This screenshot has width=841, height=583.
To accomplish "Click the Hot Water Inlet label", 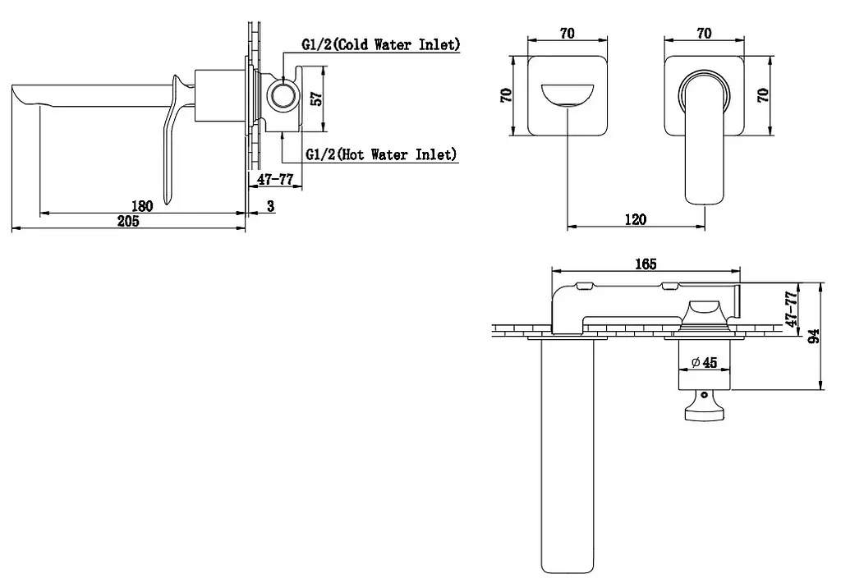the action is point(381,154).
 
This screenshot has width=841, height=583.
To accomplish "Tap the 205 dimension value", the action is point(128,220).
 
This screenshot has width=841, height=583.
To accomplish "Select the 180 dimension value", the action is point(142,205).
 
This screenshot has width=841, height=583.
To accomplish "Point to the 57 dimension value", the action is point(316,99).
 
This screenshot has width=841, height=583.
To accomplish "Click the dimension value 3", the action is point(270,205).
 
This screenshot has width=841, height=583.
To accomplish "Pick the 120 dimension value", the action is point(636,218).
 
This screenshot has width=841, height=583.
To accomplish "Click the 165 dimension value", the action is point(646,264).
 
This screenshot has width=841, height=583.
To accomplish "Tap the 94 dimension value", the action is point(814,337).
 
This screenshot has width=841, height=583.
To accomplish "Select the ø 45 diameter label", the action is point(704,363).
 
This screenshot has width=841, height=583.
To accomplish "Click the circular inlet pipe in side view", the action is point(283,97).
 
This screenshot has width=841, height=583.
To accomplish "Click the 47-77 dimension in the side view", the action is point(275,179).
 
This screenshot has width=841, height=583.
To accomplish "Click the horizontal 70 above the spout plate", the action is point(568,33).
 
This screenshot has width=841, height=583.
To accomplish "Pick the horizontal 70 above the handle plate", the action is point(704,33).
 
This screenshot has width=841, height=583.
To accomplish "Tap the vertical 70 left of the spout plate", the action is point(506,95).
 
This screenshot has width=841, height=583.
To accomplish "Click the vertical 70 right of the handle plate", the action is point(763,95).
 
